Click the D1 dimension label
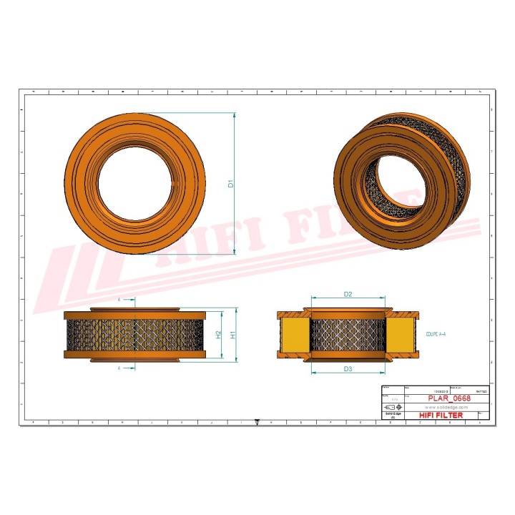[231, 184]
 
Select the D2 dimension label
[348, 294]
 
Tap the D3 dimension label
[348, 368]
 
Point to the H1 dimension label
[233, 335]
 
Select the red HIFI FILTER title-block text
[439, 415]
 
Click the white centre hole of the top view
[134, 184]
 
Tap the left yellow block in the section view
[294, 335]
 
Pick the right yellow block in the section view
[401, 335]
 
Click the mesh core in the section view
[348, 335]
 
